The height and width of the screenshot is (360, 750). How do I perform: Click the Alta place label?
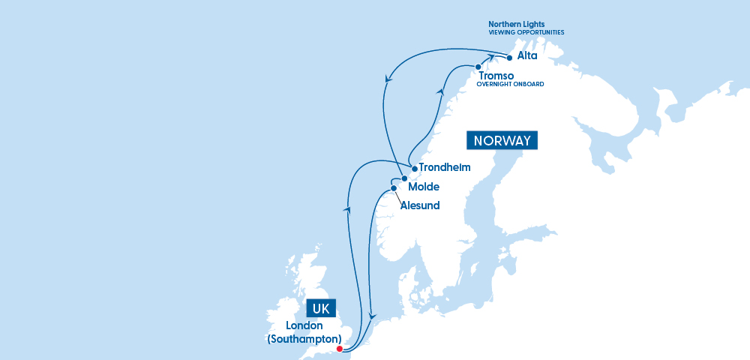(527, 55)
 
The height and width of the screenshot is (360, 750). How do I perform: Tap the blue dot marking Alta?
(510, 58)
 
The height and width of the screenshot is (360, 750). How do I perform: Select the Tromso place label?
(496, 76)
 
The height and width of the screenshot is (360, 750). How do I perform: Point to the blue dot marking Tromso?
(478, 67)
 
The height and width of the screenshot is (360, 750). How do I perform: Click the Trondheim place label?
(445, 167)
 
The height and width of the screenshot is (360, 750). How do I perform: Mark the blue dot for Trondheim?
(415, 169)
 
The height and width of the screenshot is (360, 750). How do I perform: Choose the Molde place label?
(424, 186)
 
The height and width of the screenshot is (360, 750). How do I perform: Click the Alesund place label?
(420, 205)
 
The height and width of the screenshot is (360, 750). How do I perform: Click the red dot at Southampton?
(339, 349)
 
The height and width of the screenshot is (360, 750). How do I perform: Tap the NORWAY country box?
(502, 140)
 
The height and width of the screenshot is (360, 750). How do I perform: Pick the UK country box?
(321, 309)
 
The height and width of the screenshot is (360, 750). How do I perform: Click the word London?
(304, 325)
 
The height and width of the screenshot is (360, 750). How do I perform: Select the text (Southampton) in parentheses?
(304, 339)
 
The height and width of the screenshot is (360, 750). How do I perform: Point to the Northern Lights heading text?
(517, 24)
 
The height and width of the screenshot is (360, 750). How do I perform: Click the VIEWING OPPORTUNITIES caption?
(526, 33)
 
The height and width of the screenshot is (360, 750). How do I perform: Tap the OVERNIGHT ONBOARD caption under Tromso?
(511, 85)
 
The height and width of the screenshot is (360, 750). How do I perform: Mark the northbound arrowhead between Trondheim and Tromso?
(439, 91)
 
